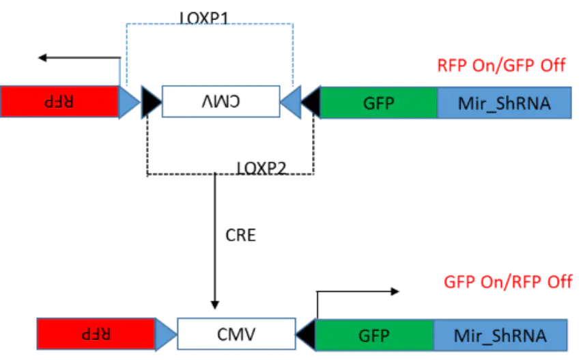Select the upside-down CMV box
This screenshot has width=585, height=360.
pyautogui.click(x=220, y=101)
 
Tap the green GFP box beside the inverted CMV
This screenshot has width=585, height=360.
pyautogui.click(x=377, y=102)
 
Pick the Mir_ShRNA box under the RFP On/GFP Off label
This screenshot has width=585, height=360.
pyautogui.click(x=504, y=102)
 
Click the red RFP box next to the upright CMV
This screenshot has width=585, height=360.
pyautogui.click(x=96, y=334)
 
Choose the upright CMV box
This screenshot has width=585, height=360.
pyautogui.click(x=236, y=334)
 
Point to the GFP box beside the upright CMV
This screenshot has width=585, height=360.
pyautogui.click(x=374, y=335)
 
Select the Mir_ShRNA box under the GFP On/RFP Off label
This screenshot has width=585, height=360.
pyautogui.click(x=500, y=335)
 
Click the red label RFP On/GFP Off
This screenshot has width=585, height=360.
pyautogui.click(x=501, y=66)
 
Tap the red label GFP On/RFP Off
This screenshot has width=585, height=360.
pyautogui.click(x=508, y=282)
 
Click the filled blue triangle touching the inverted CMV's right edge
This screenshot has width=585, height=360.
pyautogui.click(x=291, y=102)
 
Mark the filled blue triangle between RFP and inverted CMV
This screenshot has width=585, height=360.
pyautogui.click(x=128, y=102)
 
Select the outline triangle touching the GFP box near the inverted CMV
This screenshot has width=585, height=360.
pyautogui.click(x=311, y=102)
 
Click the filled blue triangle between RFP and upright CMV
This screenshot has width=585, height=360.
pyautogui.click(x=165, y=334)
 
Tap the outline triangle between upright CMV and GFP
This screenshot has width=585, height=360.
pyautogui.click(x=306, y=334)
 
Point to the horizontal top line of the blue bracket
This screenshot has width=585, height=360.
pyautogui.click(x=208, y=25)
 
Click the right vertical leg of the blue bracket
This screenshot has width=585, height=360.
pyautogui.click(x=293, y=55)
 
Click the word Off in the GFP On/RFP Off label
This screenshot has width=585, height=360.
pyautogui.click(x=558, y=282)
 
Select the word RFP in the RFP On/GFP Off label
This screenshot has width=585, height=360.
pyautogui.click(x=452, y=66)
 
